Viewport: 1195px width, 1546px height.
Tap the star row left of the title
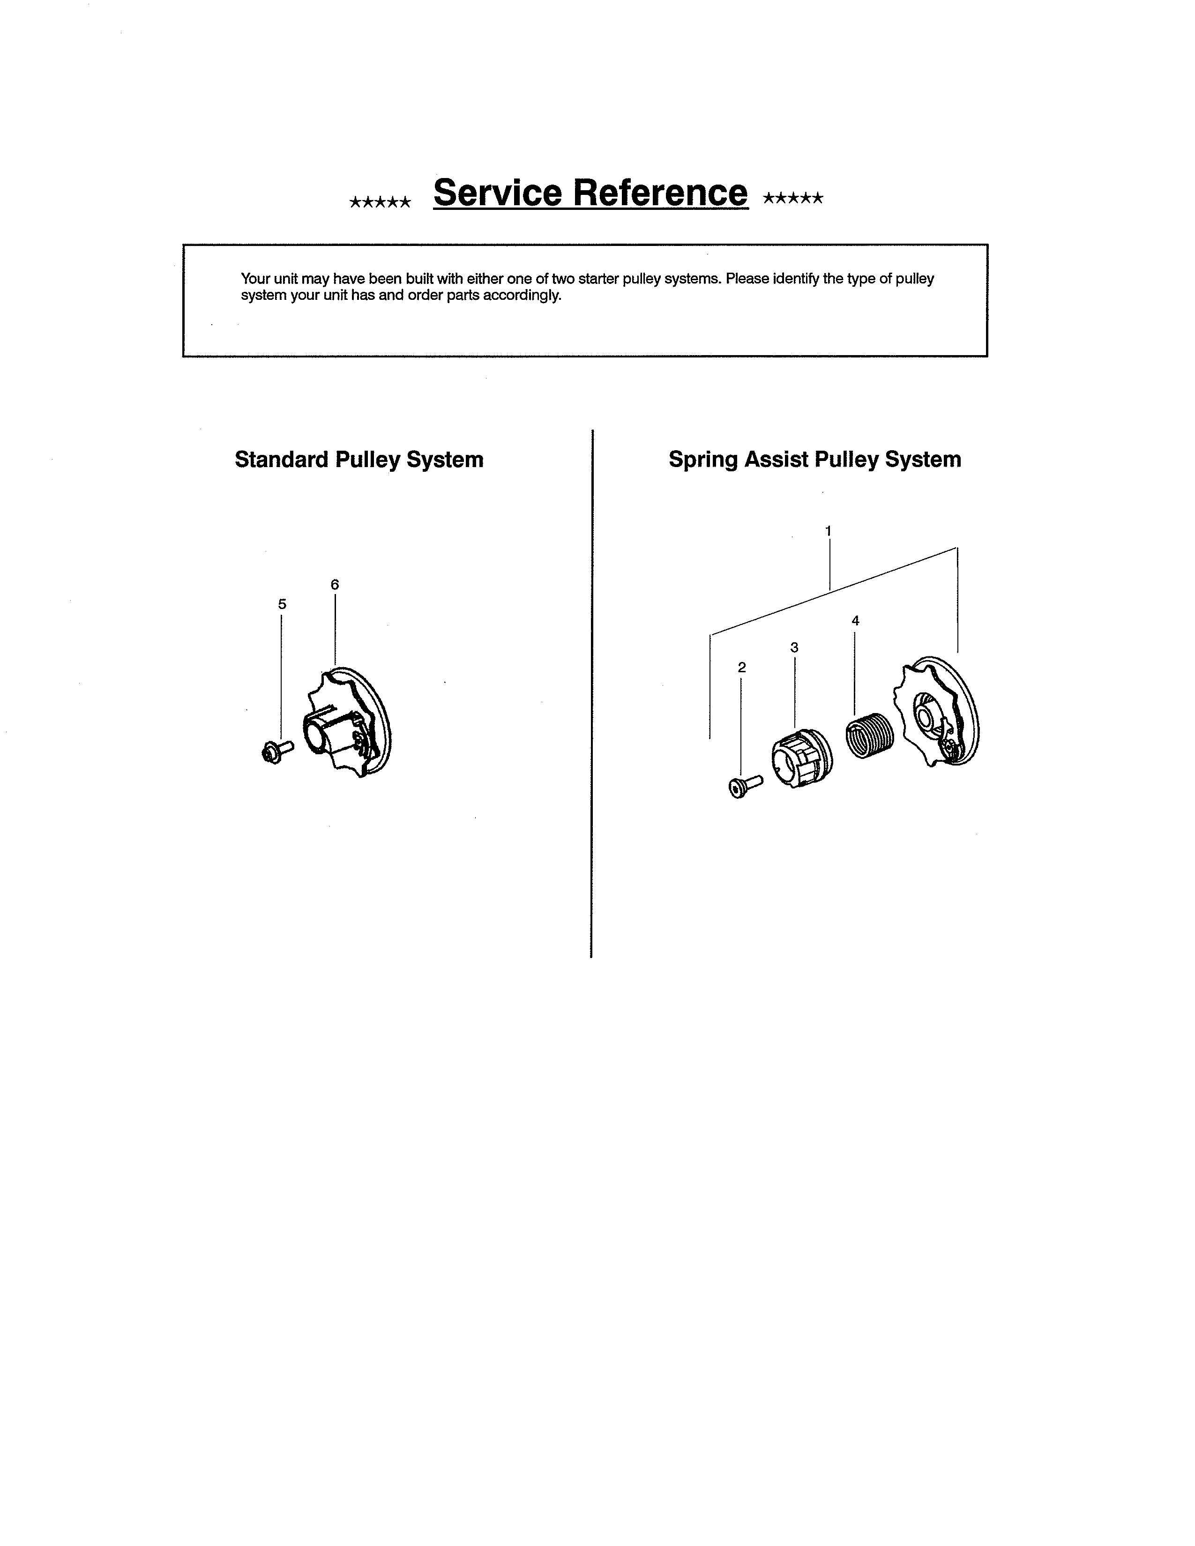click(380, 202)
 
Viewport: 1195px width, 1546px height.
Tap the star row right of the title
click(793, 198)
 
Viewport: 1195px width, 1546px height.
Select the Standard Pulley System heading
click(359, 460)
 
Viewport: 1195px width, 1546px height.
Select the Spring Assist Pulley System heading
click(815, 460)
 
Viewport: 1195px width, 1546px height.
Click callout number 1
click(828, 531)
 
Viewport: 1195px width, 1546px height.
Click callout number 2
click(741, 667)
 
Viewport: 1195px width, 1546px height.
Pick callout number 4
click(855, 621)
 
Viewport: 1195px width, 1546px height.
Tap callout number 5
click(282, 604)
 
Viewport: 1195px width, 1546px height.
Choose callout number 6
click(335, 585)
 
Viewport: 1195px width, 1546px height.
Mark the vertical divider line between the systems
click(592, 694)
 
